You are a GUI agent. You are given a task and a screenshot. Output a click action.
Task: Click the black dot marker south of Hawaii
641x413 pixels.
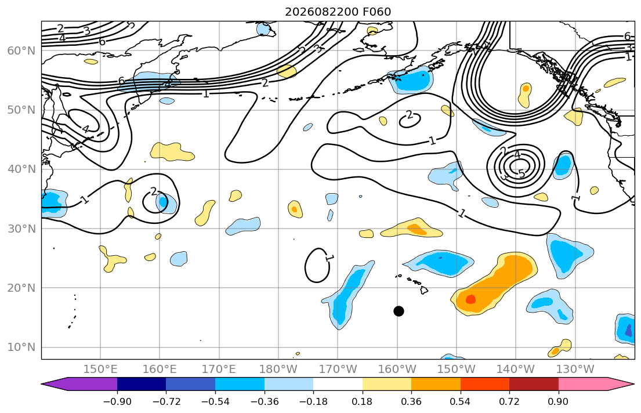click(x=399, y=311)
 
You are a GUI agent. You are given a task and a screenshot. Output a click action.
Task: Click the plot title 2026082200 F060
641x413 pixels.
click(x=338, y=12)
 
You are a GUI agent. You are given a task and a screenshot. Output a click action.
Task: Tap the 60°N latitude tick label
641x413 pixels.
click(x=21, y=50)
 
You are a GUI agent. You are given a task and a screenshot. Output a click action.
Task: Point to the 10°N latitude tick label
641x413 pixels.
click(x=21, y=347)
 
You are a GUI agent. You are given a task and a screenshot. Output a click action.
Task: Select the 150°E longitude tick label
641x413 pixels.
click(x=100, y=369)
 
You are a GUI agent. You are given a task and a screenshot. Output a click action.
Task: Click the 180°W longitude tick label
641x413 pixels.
click(x=278, y=369)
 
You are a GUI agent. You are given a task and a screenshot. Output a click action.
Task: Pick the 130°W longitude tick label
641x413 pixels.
click(x=575, y=369)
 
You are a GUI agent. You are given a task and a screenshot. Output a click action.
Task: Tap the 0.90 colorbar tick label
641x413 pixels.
click(x=558, y=401)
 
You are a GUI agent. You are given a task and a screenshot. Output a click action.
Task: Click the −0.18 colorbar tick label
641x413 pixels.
click(x=313, y=401)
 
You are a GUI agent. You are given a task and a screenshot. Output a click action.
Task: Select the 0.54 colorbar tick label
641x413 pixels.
click(x=460, y=401)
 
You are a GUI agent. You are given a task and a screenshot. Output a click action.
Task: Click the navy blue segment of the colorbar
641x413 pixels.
click(x=142, y=384)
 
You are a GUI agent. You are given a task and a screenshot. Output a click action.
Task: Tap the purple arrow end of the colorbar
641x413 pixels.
click(x=79, y=384)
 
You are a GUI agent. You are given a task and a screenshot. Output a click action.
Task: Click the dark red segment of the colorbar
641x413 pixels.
click(x=534, y=384)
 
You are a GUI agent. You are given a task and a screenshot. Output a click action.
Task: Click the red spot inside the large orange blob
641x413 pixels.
click(x=470, y=299)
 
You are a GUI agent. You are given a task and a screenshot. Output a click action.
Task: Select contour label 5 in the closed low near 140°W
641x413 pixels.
click(x=522, y=174)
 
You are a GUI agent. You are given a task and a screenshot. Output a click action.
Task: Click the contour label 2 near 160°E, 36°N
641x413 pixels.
click(x=153, y=191)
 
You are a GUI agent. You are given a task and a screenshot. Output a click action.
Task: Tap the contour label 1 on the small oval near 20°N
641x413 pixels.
click(x=329, y=259)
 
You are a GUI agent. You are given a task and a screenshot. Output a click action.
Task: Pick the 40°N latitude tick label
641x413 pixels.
click(x=21, y=169)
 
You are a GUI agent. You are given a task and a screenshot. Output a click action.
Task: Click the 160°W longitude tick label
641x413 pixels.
click(x=397, y=369)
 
